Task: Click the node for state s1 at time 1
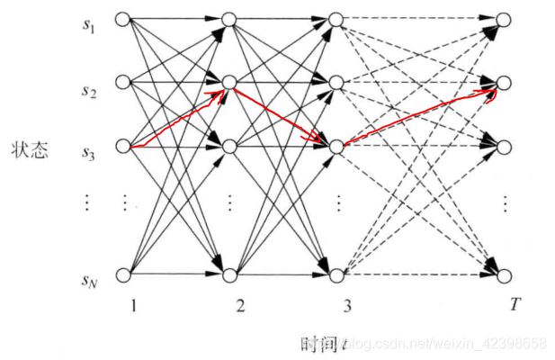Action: [124, 19]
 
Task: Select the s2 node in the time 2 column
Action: [228, 82]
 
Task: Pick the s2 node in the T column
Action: [505, 82]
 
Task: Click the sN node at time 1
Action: [124, 273]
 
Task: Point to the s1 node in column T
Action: [505, 19]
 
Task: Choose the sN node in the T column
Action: [505, 273]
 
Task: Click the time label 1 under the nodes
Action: [132, 306]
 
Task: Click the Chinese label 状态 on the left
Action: [30, 148]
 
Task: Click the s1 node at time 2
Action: [228, 19]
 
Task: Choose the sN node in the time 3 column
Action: [335, 273]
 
